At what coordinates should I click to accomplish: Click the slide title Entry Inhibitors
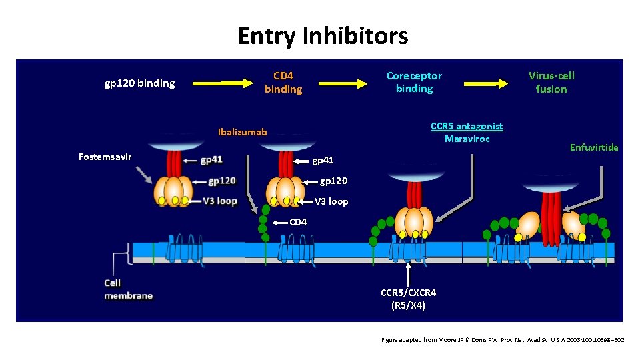click(x=323, y=36)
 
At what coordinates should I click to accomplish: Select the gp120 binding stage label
click(x=140, y=83)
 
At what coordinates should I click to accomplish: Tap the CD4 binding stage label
click(x=283, y=83)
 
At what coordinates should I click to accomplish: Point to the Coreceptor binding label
click(x=414, y=82)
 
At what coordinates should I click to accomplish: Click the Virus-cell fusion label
click(x=551, y=83)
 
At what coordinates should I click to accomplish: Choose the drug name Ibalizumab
click(x=243, y=132)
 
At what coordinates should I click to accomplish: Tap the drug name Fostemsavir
click(x=105, y=157)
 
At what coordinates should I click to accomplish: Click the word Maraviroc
click(x=467, y=139)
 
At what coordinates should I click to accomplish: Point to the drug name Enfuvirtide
click(x=593, y=147)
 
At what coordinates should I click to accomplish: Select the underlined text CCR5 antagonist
click(x=467, y=127)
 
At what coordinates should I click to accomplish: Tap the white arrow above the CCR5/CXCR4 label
click(x=408, y=273)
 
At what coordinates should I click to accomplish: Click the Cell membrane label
click(x=128, y=289)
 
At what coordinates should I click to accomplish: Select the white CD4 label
click(x=298, y=223)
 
